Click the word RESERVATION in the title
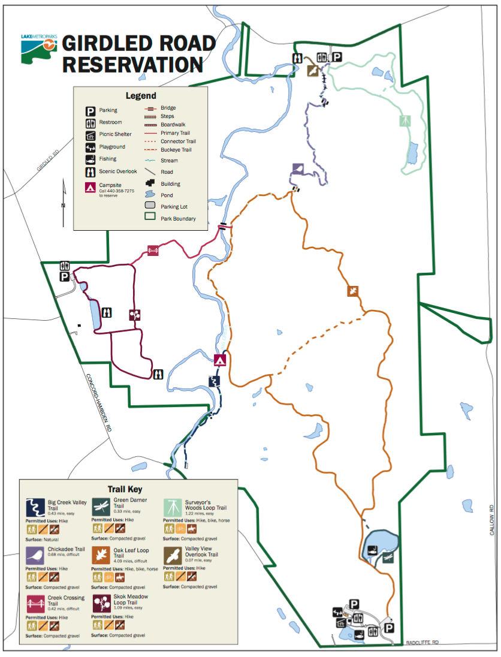click(x=132, y=64)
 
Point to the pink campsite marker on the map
click(x=220, y=360)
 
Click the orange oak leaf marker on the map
click(x=353, y=291)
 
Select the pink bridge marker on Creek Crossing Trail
click(x=153, y=250)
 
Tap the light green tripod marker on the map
click(x=406, y=120)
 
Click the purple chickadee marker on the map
click(x=298, y=168)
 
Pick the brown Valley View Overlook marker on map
click(x=312, y=71)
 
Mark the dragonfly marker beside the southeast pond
click(x=388, y=558)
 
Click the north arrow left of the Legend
click(x=64, y=204)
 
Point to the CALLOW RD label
click(x=490, y=522)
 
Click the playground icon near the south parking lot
click(x=338, y=612)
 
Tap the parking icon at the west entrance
click(x=64, y=276)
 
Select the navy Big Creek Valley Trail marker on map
click(x=213, y=381)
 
